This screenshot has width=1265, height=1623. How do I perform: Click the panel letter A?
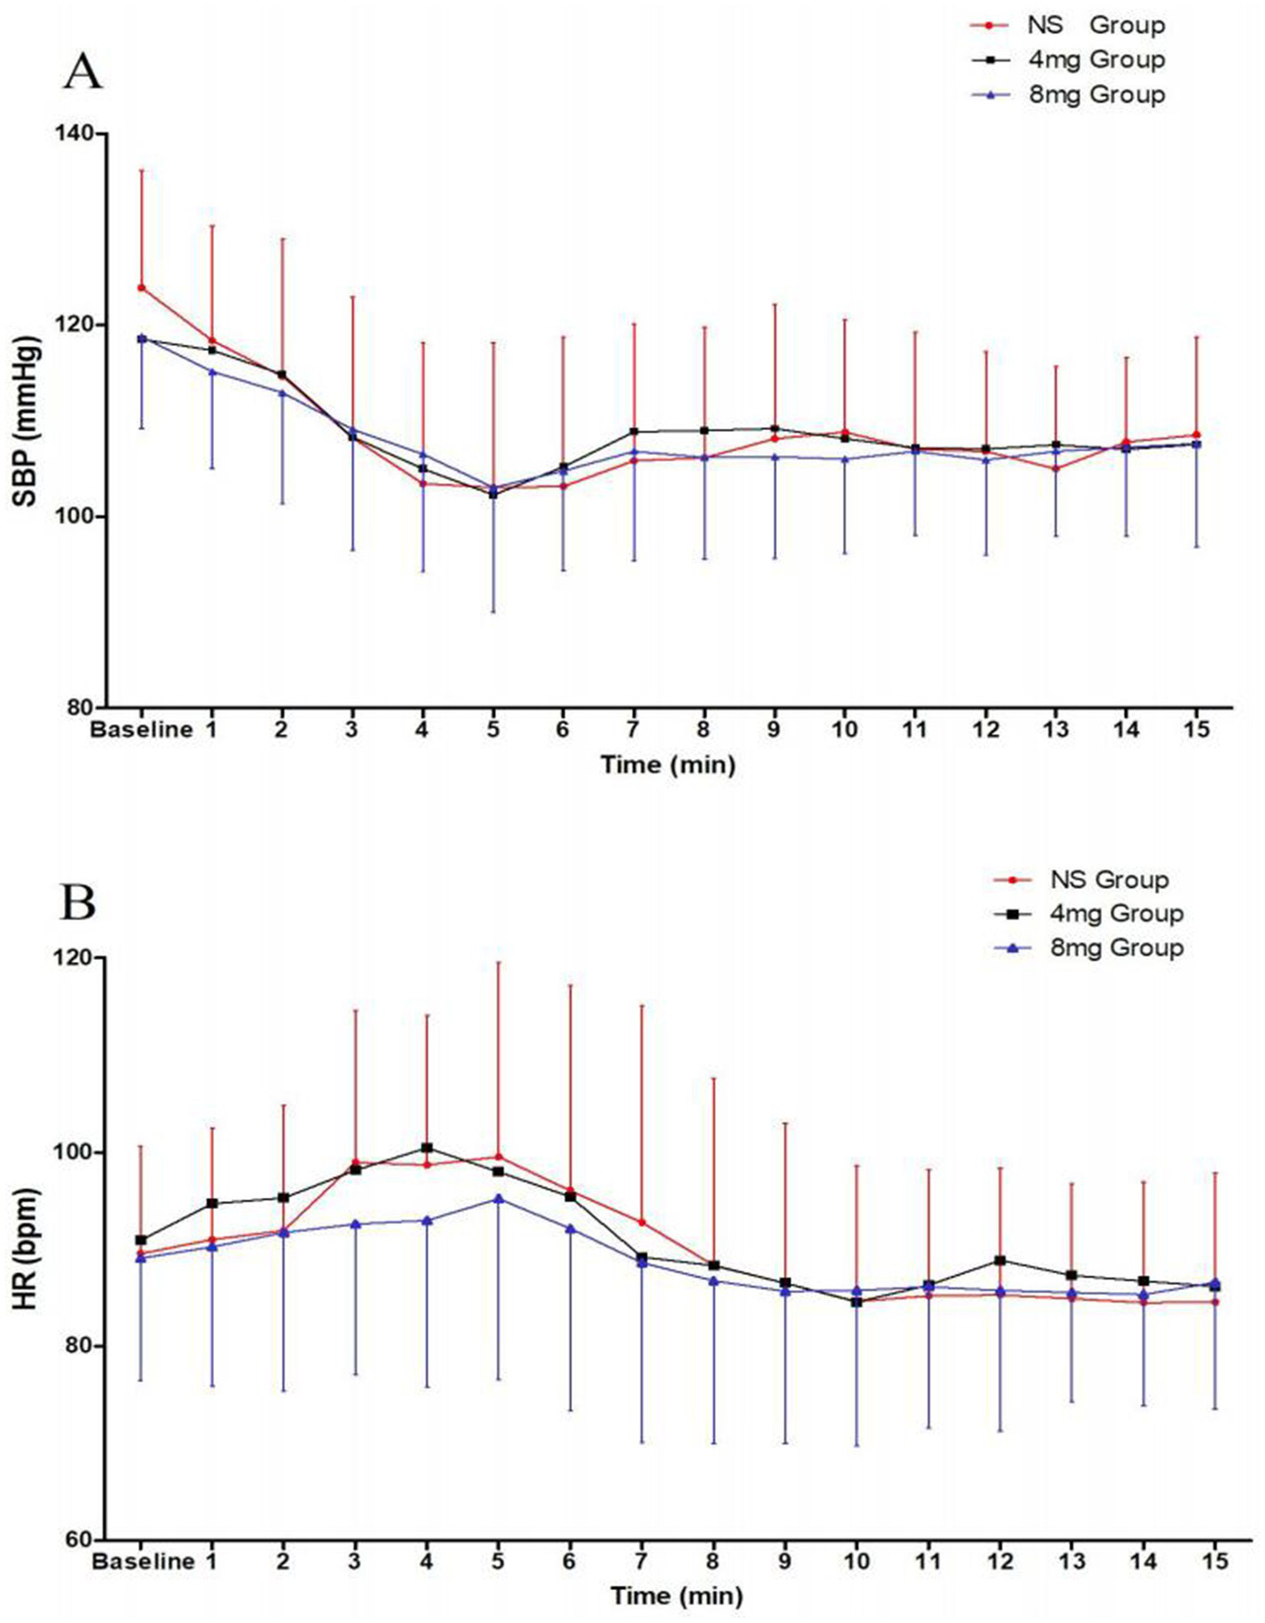(82, 71)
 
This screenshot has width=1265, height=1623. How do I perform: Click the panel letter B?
(78, 902)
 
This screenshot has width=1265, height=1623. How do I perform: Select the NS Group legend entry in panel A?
(1095, 25)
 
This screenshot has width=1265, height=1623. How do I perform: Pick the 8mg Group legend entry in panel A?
(1095, 94)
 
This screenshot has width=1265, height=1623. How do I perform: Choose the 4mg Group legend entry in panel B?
(1115, 914)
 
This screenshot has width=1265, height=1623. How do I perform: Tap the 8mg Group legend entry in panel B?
(1115, 948)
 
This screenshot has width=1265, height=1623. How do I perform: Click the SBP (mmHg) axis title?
(28, 422)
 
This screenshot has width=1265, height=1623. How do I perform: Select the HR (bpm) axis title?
(28, 1249)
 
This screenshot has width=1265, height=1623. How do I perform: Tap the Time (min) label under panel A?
(667, 765)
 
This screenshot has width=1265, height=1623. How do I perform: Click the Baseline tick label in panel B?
(143, 1561)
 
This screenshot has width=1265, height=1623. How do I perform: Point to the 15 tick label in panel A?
(1196, 730)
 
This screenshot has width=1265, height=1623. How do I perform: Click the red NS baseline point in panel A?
(141, 287)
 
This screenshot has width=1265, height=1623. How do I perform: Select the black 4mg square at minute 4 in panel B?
(427, 1148)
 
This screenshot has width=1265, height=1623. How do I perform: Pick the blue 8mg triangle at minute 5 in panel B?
(499, 1198)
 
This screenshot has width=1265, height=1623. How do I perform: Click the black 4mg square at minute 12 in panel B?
(1000, 1261)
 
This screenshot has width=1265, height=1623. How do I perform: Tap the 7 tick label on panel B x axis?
(641, 1561)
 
